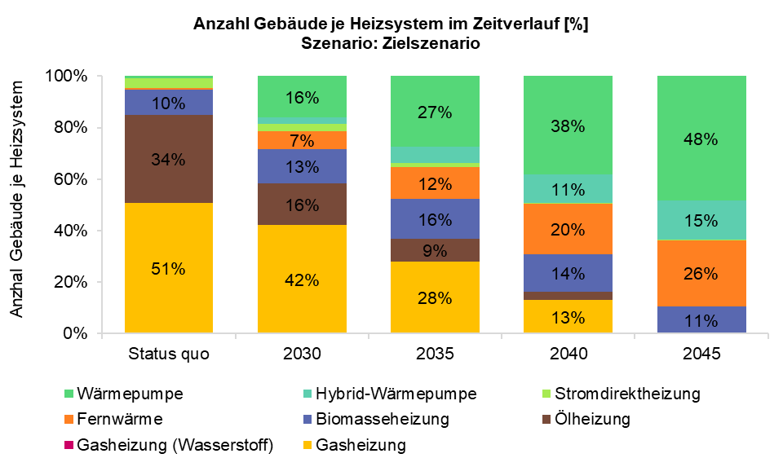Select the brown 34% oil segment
tap(169, 159)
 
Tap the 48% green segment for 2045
tap(701, 139)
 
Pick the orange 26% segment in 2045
tap(701, 273)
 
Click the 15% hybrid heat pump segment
tap(701, 220)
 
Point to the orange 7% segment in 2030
tap(302, 140)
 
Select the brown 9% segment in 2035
tap(435, 250)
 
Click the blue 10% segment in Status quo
tap(169, 103)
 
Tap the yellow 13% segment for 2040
tap(568, 316)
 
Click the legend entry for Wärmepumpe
tap(130, 394)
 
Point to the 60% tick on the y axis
tap(71, 179)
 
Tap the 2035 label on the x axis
tap(435, 355)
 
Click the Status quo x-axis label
tap(169, 355)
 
